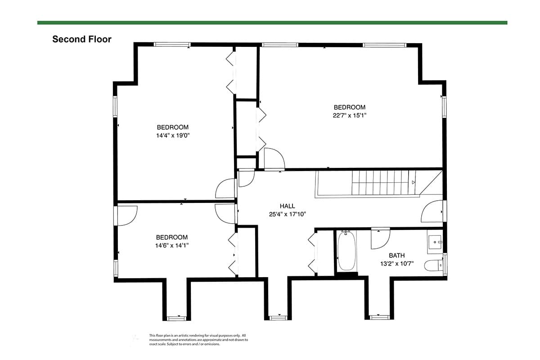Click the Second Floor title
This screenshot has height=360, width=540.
coord(82,39)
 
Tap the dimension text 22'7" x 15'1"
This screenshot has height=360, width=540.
coord(349,115)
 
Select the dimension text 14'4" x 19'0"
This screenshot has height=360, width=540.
coord(173,135)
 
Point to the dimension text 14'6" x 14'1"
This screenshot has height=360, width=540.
coord(171,245)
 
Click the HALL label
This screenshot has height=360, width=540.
coord(288,206)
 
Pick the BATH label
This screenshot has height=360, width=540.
coord(397,255)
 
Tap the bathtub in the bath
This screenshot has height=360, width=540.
coord(346,251)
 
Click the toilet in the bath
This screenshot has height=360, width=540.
coord(433,265)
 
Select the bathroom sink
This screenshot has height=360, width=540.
coord(435,242)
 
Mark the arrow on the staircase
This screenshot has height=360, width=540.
coord(413,182)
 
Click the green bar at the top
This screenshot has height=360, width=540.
coord(272,22)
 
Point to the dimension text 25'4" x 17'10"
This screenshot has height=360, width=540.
coord(288,214)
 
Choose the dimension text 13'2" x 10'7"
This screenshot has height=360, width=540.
coord(397,264)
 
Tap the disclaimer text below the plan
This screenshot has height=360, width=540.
coord(198,340)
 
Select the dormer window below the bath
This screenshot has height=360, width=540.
coord(379,318)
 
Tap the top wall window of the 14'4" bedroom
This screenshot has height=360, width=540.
coord(172,45)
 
